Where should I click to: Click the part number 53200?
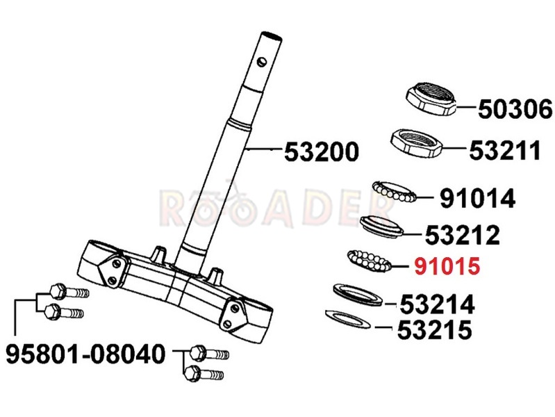322,152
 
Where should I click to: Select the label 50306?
515,108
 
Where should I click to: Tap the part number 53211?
505,150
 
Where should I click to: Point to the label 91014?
477,198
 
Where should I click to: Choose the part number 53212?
462,234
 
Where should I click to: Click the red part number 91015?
447,265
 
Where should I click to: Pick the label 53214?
437,304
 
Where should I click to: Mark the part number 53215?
435,329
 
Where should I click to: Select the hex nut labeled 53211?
417,142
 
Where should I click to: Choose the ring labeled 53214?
358,295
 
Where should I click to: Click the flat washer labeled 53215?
348,319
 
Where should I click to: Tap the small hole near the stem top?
263,62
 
